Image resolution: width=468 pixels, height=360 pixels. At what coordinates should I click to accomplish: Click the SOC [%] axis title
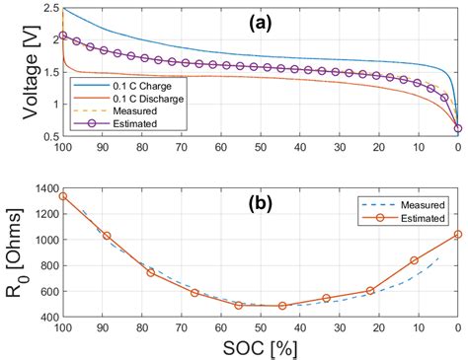coord(260,348)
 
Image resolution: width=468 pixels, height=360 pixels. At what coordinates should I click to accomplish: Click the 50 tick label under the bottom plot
coord(260,329)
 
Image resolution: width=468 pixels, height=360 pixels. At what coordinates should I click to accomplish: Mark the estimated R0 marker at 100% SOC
coord(63,195)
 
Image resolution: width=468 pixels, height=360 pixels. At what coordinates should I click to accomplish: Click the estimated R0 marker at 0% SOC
coord(457,234)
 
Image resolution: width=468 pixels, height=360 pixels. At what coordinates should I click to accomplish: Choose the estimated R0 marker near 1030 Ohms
coord(107,236)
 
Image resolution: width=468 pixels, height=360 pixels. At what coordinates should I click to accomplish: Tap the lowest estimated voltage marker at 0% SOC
coord(457,128)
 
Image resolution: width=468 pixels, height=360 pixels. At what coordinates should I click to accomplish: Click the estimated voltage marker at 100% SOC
coord(63,36)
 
